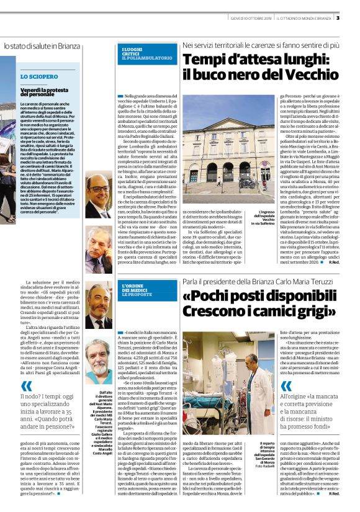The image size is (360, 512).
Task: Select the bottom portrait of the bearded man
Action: [99, 361]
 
